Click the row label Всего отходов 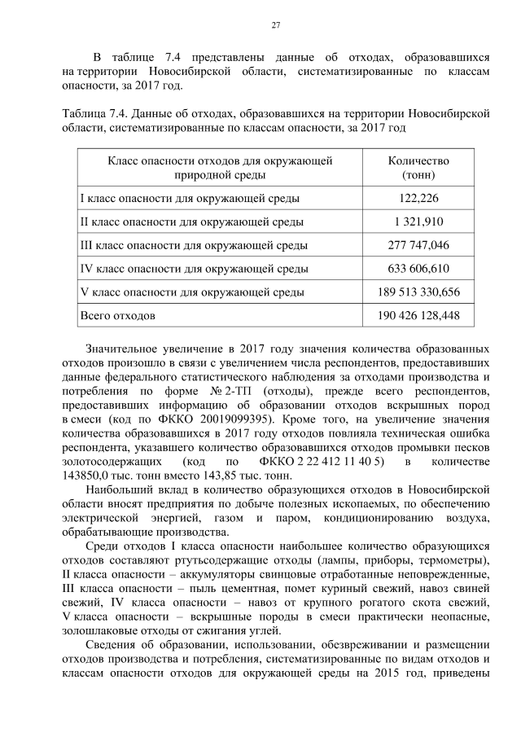pyautogui.click(x=117, y=314)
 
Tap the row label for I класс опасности pyautogui.click(x=189, y=198)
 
